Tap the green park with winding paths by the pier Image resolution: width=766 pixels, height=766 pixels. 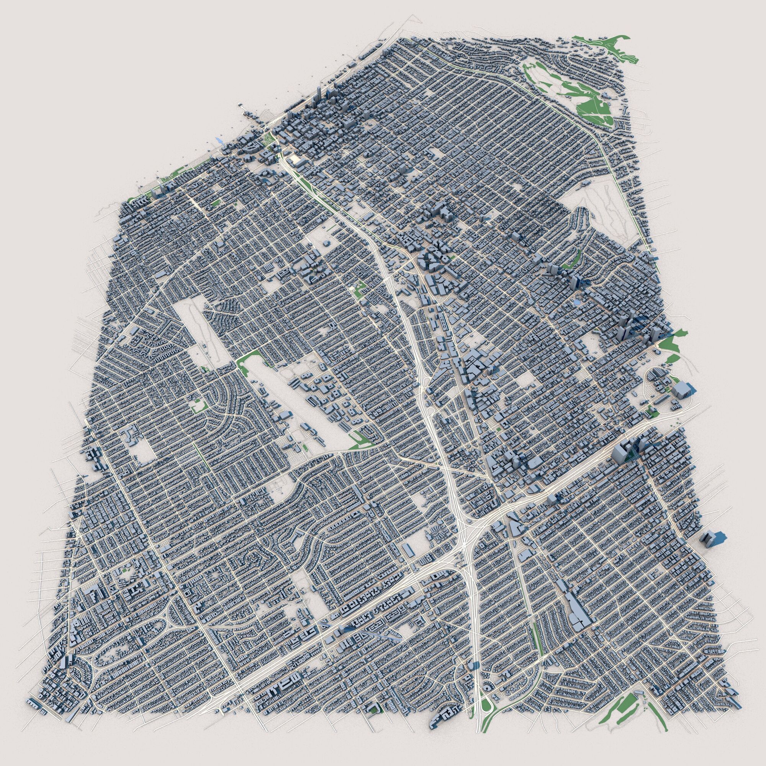[x=268, y=138]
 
